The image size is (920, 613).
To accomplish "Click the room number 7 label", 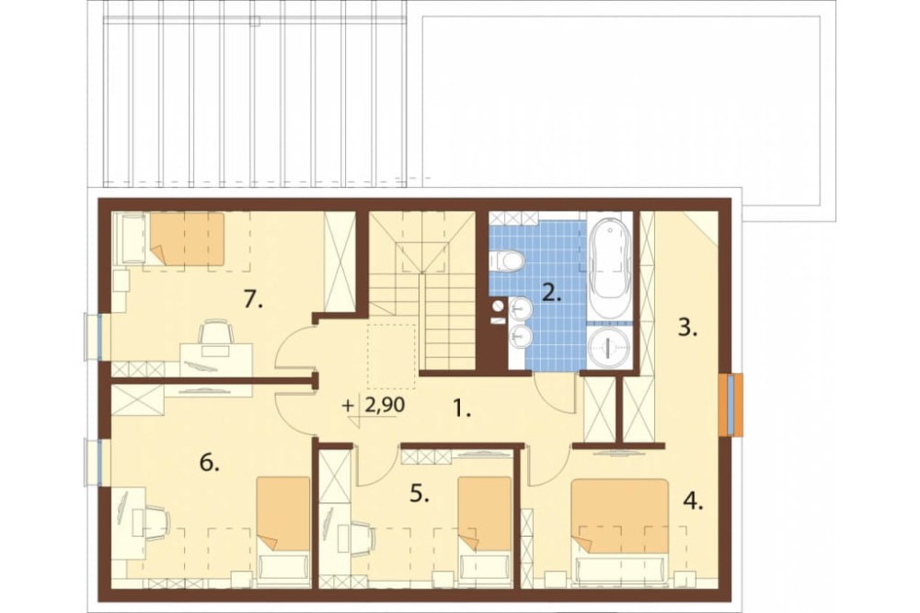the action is (x=254, y=301).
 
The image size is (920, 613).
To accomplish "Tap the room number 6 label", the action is (x=210, y=463).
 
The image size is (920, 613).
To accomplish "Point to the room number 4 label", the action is (x=693, y=502).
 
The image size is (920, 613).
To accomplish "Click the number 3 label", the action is (x=687, y=328).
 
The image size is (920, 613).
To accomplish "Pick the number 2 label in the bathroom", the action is (x=551, y=292).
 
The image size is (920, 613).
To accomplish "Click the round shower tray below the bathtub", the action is (x=610, y=348).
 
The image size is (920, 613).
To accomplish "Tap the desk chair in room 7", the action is (x=215, y=335).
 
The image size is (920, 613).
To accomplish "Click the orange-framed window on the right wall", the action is (x=731, y=405).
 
